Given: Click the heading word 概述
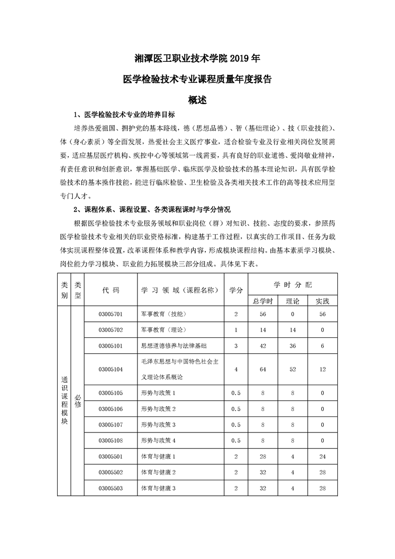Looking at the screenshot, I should click(197, 100).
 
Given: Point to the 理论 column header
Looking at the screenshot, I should click(292, 301).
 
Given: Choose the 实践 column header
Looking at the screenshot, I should click(322, 301).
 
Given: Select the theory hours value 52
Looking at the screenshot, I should click(292, 369).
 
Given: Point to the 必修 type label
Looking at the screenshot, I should click(77, 401).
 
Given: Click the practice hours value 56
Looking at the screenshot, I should click(322, 314).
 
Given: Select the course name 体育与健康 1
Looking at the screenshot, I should click(159, 456).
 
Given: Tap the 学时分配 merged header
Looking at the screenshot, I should click(293, 285).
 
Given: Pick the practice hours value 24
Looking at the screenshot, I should click(322, 456).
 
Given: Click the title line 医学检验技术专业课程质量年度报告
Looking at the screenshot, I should click(197, 79).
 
